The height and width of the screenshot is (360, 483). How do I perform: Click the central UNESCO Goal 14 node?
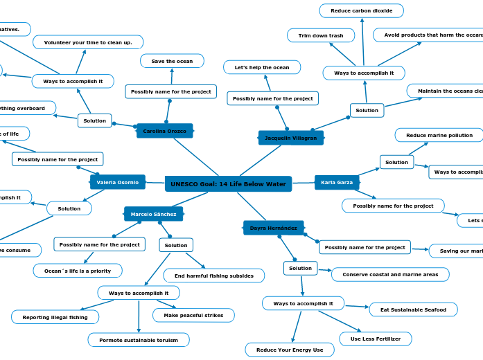[x=228, y=184]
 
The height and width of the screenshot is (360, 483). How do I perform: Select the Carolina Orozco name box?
[x=164, y=131]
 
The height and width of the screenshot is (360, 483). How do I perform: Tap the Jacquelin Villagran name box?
[x=290, y=138]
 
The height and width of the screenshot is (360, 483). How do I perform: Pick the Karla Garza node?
[x=337, y=183]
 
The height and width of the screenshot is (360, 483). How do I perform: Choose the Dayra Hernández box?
[x=273, y=228]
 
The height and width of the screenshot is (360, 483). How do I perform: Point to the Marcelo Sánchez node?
[x=153, y=214]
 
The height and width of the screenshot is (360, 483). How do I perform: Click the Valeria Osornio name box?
[x=117, y=182]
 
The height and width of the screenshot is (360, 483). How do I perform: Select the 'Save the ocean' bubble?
[x=172, y=61]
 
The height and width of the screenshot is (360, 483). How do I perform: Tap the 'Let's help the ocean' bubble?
[x=261, y=67]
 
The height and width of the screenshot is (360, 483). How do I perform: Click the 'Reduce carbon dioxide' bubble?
[x=361, y=10]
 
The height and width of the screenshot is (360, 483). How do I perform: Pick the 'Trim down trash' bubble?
[x=320, y=35]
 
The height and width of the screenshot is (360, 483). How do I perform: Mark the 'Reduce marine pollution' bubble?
[x=439, y=135]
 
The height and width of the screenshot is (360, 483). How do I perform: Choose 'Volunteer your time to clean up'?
[x=88, y=42]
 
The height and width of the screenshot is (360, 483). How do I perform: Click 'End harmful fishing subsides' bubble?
[x=213, y=276]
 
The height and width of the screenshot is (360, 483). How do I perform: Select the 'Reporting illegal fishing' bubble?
[x=55, y=317]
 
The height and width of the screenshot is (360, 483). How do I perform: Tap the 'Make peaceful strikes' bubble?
[x=193, y=315]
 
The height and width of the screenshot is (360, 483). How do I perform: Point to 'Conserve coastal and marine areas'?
[x=389, y=274]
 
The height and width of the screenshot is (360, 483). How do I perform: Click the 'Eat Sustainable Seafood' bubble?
[x=413, y=309]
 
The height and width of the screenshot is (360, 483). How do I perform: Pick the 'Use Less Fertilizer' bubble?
[x=375, y=339]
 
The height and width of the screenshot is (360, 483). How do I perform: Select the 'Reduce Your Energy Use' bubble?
[x=289, y=350]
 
